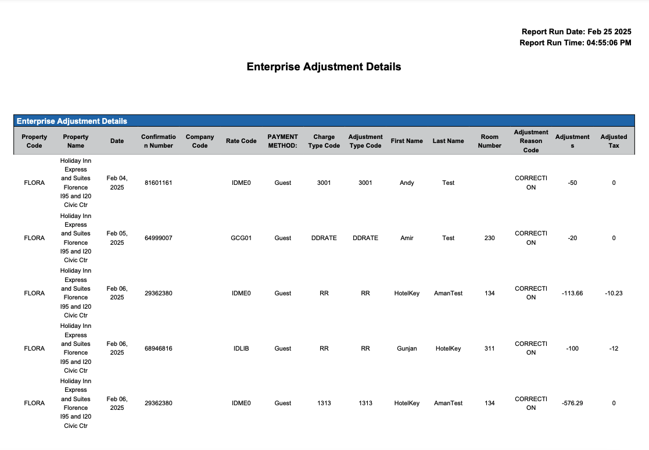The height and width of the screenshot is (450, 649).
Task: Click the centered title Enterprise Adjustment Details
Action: click(324, 67)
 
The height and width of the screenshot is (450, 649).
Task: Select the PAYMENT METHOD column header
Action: click(282, 141)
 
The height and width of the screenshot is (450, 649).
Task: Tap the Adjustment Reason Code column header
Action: click(530, 141)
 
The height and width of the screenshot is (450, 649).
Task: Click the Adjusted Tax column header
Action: click(614, 141)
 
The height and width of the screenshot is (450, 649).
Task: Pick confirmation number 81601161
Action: click(158, 183)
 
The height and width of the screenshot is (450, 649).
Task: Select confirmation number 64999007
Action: click(158, 238)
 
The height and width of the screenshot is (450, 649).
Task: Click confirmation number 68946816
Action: click(158, 348)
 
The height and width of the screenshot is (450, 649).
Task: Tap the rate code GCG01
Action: click(241, 238)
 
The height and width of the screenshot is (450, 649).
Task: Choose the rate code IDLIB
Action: click(241, 348)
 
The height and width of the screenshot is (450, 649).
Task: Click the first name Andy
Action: click(407, 183)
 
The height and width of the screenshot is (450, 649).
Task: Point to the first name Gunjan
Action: click(407, 348)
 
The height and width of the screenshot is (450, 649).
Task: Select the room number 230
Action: click(489, 238)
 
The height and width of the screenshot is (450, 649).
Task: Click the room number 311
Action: click(489, 348)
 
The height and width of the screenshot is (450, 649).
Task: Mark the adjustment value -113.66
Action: click(572, 293)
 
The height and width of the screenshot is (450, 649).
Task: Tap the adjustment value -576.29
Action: click(572, 403)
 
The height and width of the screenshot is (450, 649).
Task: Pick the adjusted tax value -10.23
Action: click(614, 293)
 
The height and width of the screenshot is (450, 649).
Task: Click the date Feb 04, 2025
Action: click(117, 183)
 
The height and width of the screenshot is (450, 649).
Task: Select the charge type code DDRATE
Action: click(324, 238)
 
